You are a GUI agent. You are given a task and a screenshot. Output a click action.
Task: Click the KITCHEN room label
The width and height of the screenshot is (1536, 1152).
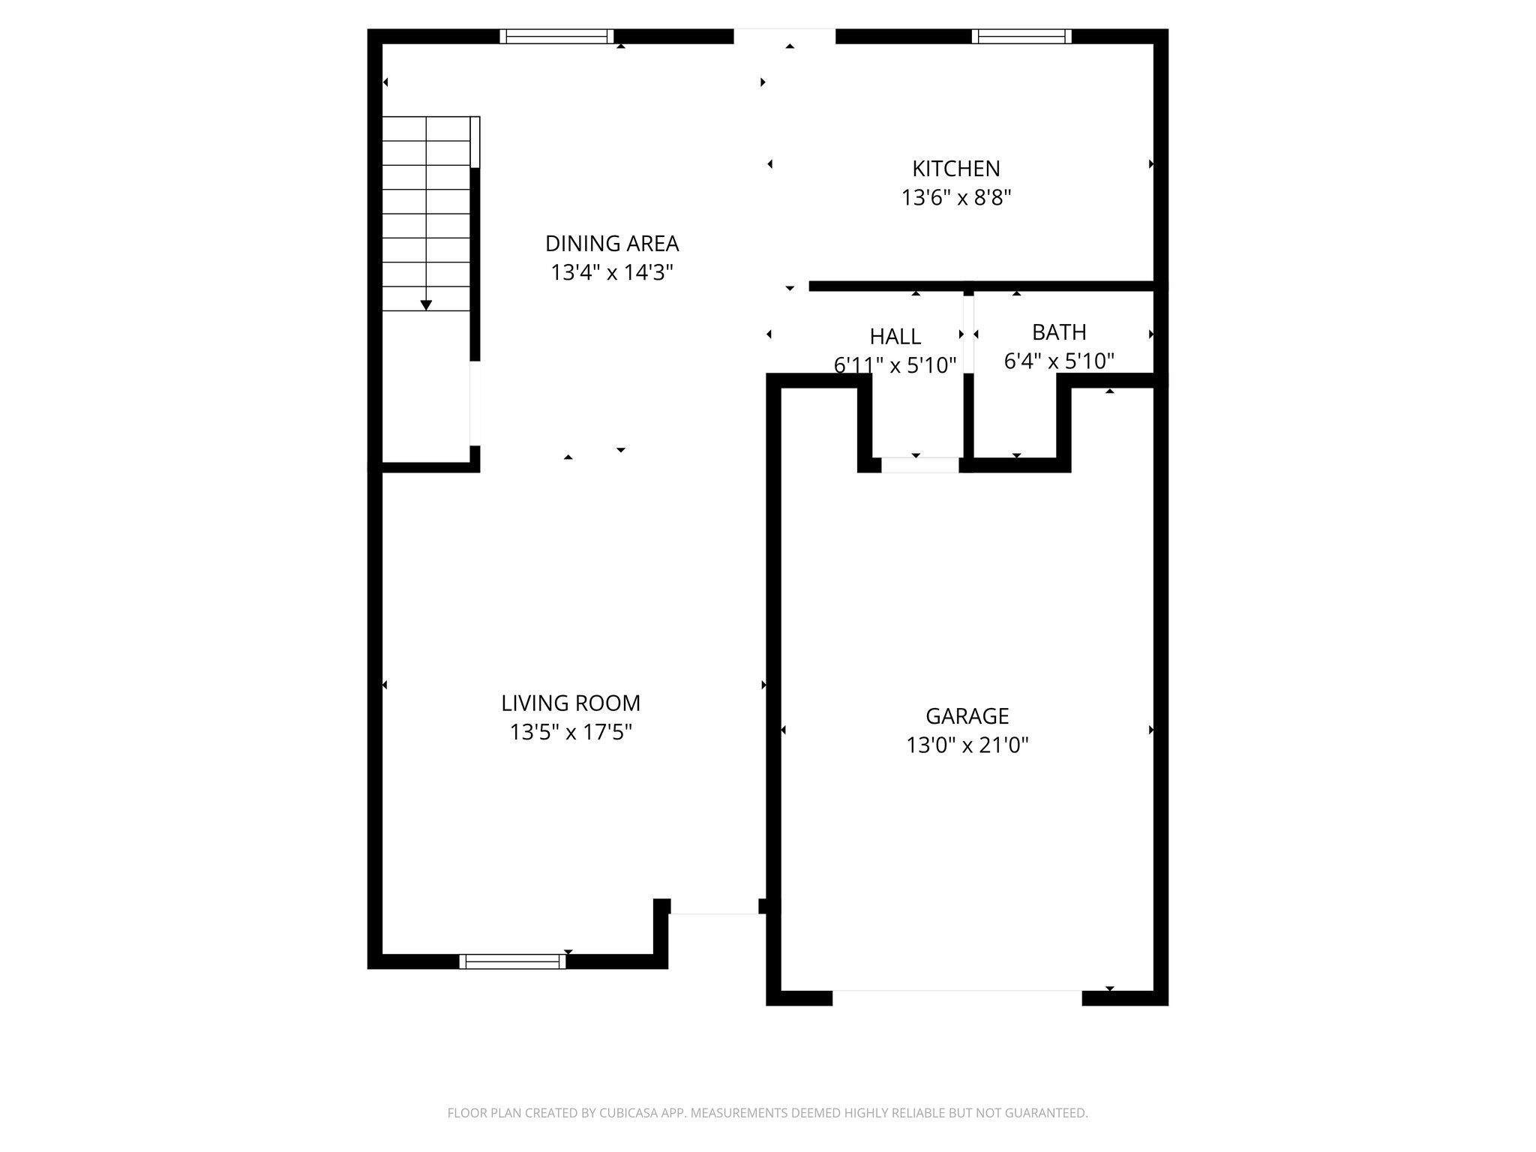point(955,169)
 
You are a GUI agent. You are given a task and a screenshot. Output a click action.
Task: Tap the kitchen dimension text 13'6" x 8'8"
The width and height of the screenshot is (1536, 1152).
point(956,198)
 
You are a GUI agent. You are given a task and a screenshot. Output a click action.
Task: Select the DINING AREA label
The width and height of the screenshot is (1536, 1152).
point(612,244)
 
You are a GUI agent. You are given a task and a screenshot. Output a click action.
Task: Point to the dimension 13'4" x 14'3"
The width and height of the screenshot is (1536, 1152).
point(612,273)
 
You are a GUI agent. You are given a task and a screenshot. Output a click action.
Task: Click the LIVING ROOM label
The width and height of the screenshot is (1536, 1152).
point(571,703)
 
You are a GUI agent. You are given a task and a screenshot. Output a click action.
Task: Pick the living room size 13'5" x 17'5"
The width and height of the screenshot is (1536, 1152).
point(571,733)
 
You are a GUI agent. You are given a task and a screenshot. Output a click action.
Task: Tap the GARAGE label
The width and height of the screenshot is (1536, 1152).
point(967,716)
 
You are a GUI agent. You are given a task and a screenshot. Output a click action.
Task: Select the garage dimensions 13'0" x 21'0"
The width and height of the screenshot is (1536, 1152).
point(967,745)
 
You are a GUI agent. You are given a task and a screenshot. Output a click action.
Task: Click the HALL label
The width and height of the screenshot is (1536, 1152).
point(895,336)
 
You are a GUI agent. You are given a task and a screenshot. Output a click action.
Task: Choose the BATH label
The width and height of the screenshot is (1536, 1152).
point(1059,332)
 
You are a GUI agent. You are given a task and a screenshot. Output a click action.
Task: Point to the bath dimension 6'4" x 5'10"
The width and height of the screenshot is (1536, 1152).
point(1059,361)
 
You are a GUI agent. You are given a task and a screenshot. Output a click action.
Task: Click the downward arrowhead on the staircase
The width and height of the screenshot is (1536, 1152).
point(426,305)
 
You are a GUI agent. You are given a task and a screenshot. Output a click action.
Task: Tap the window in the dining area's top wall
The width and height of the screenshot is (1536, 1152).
point(556,37)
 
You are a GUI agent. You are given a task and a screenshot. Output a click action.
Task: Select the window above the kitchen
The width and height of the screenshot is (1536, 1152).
point(1021,37)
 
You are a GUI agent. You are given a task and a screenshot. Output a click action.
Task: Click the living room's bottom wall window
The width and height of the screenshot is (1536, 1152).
point(513,961)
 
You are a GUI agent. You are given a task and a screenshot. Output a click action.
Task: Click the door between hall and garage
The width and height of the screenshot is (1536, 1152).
point(919,465)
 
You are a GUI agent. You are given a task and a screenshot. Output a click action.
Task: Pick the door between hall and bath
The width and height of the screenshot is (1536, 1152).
point(968,334)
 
